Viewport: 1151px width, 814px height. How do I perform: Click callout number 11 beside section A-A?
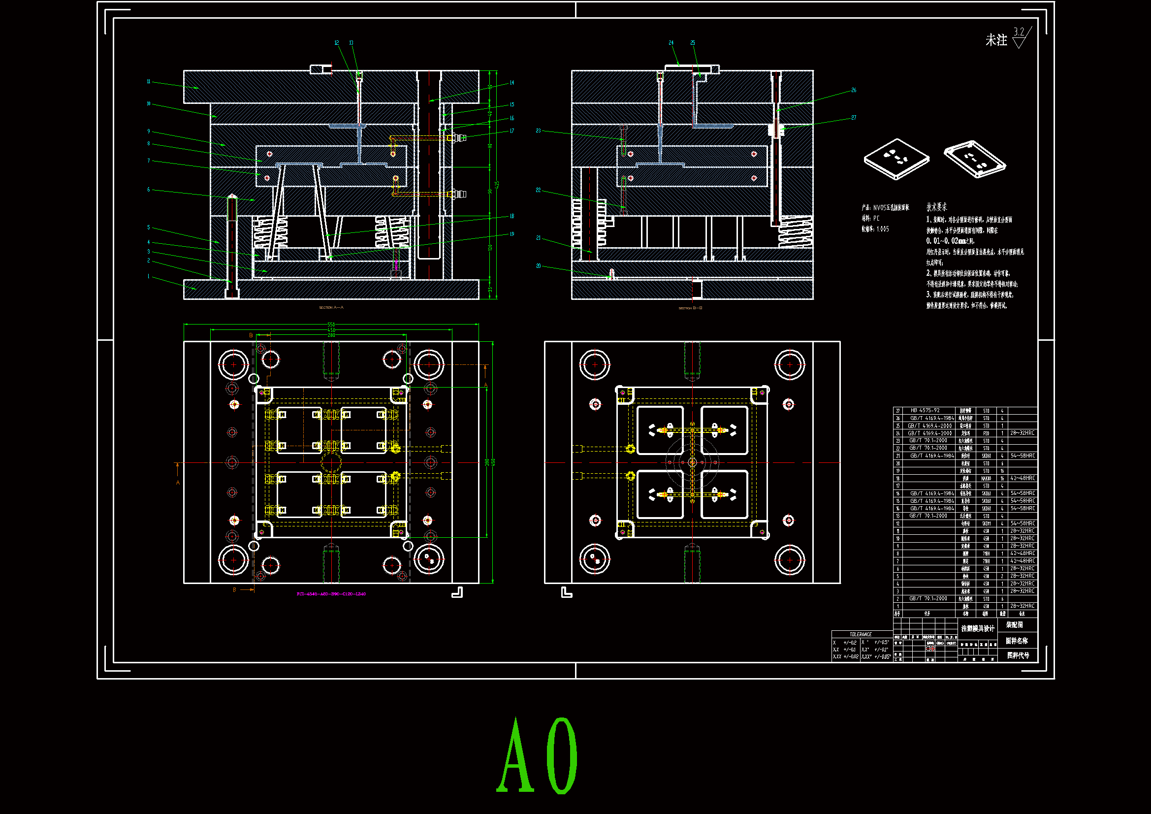[x=148, y=81]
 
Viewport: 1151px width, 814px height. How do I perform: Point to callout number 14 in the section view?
[x=512, y=83]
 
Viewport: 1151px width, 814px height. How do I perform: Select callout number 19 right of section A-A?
[x=512, y=234]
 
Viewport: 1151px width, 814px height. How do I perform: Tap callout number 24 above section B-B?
[x=671, y=43]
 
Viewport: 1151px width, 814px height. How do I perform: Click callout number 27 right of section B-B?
[x=854, y=118]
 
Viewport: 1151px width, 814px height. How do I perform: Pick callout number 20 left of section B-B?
[x=539, y=266]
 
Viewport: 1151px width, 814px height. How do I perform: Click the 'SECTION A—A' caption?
[x=331, y=307]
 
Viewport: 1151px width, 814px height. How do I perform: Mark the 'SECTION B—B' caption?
[x=690, y=308]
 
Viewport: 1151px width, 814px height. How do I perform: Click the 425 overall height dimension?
[x=497, y=185]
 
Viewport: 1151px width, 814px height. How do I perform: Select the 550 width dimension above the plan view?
[x=331, y=325]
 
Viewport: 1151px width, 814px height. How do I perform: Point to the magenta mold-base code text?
[x=331, y=594]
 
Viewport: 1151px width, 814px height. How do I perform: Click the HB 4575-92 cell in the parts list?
[x=925, y=410]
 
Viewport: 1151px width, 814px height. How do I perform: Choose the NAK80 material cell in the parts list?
[x=986, y=479]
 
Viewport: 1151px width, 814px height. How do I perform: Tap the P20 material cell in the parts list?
[x=986, y=433]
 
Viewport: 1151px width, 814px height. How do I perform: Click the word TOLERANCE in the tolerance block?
[x=860, y=634]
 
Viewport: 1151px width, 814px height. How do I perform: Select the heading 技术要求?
[x=936, y=207]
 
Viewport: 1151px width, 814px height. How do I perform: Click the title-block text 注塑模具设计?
[x=978, y=628]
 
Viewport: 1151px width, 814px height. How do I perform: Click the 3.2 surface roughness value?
[x=1019, y=32]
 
